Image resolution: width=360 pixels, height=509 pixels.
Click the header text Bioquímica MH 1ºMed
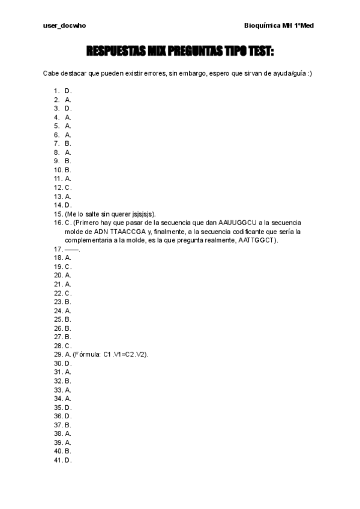coord(280,26)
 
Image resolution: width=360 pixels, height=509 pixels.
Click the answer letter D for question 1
coord(68,91)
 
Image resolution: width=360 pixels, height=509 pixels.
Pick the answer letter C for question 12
coord(68,187)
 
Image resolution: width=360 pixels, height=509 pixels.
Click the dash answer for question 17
coord(71,249)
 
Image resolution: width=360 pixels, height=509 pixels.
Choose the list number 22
coord(58,293)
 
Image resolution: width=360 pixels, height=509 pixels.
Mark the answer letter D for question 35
coord(68,406)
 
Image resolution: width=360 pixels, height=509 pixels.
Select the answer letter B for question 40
coord(68,450)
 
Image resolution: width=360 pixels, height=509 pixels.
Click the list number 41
coord(58,459)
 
